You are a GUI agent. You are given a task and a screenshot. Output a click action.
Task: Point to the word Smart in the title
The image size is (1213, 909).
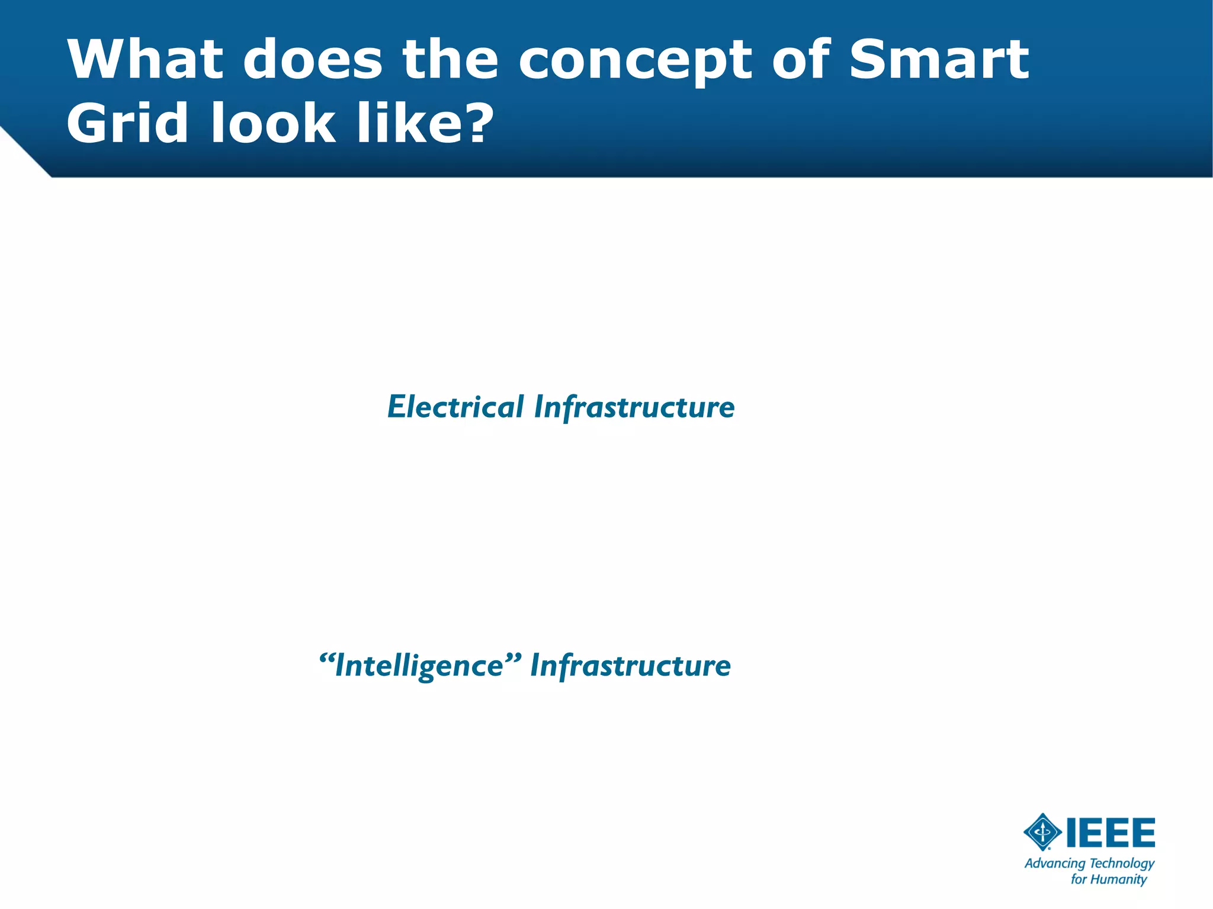(x=939, y=59)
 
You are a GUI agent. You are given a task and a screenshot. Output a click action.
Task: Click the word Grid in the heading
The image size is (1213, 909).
(x=127, y=123)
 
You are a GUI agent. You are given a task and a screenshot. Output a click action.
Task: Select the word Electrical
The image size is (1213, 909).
(x=455, y=407)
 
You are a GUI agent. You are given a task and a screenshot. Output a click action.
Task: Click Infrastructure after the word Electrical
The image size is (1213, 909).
(x=634, y=407)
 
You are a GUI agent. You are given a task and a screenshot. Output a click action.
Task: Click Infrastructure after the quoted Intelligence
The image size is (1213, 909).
(x=630, y=666)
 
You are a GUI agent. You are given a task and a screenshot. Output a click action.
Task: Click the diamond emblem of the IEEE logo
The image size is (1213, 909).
(x=1042, y=832)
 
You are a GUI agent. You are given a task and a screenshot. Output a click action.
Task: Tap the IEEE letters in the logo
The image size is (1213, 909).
(x=1111, y=833)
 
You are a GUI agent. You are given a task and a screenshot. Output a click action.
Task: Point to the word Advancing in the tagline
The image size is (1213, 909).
(x=1055, y=864)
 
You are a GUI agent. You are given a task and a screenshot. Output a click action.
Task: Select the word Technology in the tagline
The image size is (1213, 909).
(x=1122, y=864)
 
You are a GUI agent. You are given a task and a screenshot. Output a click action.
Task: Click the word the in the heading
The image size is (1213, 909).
(x=450, y=59)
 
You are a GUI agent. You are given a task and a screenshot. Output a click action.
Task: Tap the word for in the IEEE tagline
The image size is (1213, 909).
(x=1079, y=879)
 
